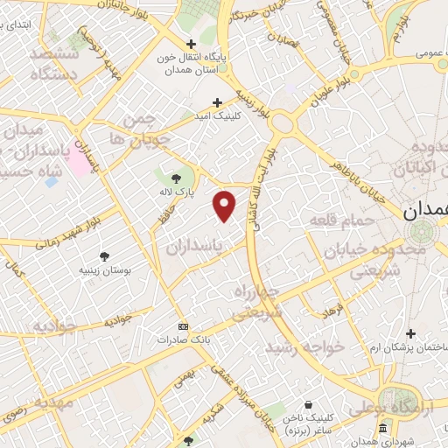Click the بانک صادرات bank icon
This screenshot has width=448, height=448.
182,325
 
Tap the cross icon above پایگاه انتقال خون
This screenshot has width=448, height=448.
192,43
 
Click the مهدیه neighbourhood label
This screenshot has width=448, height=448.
39,404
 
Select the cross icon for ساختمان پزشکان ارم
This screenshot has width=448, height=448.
410,332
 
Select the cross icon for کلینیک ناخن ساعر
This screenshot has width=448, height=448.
309,405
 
